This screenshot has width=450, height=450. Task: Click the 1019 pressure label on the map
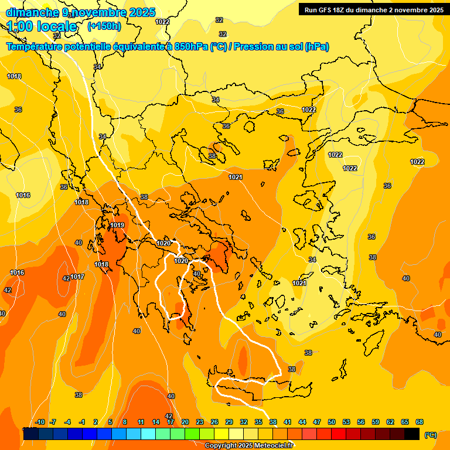[117, 225]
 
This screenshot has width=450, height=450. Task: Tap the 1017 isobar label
[78, 277]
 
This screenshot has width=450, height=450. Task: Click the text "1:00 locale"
[42, 26]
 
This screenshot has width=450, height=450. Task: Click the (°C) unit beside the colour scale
[430, 435]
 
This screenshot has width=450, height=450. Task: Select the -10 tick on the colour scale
[40, 422]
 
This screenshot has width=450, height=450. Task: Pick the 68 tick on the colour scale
[420, 422]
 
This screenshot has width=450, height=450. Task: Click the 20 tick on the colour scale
[185, 422]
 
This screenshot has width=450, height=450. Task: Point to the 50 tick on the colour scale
[332, 422]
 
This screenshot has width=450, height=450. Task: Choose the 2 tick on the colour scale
[96, 422]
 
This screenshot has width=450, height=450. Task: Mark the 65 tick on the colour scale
[405, 422]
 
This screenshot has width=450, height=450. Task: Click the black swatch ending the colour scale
[412, 434]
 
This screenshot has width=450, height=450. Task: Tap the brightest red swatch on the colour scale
[339, 434]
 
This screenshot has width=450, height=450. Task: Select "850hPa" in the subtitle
[191, 47]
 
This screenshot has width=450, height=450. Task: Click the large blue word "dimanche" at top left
[32, 12]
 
